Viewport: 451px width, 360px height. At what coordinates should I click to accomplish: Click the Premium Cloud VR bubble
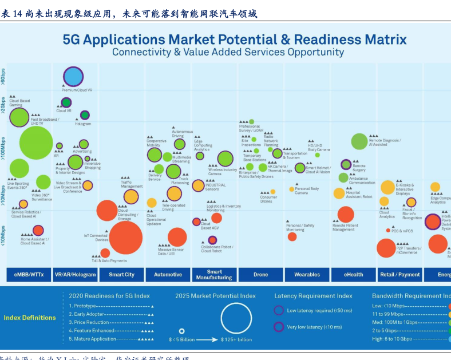coord(73,77)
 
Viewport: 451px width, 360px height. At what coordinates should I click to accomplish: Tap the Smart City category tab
coord(121,275)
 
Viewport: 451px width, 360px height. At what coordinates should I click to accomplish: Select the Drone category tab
coord(260,275)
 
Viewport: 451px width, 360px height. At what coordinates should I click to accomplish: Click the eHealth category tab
coord(353,275)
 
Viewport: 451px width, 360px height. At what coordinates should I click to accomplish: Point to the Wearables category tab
coord(307,275)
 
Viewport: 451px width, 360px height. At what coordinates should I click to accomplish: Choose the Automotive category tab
coord(168,275)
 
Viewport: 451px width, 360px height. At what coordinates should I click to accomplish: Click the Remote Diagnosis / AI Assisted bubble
coord(359,141)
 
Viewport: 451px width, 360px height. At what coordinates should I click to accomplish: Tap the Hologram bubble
coord(85,115)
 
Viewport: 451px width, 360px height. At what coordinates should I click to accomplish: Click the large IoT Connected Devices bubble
coord(125,237)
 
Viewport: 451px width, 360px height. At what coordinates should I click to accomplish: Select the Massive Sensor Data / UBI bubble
coord(177,237)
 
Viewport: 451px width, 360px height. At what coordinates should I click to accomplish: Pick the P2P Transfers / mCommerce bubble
coord(386,248)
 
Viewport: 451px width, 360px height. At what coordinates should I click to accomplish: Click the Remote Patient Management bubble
coord(346,215)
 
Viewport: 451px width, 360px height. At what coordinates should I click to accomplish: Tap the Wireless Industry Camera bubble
coord(225,159)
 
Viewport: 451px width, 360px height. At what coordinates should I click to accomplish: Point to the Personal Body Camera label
coord(307,191)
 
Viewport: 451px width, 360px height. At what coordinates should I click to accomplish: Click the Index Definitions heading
coord(30,318)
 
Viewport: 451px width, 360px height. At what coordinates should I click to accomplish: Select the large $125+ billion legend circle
coord(236,318)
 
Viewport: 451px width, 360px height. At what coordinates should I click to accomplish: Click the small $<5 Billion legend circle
coord(181,331)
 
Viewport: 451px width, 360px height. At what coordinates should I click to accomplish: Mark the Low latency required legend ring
coord(279,310)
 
